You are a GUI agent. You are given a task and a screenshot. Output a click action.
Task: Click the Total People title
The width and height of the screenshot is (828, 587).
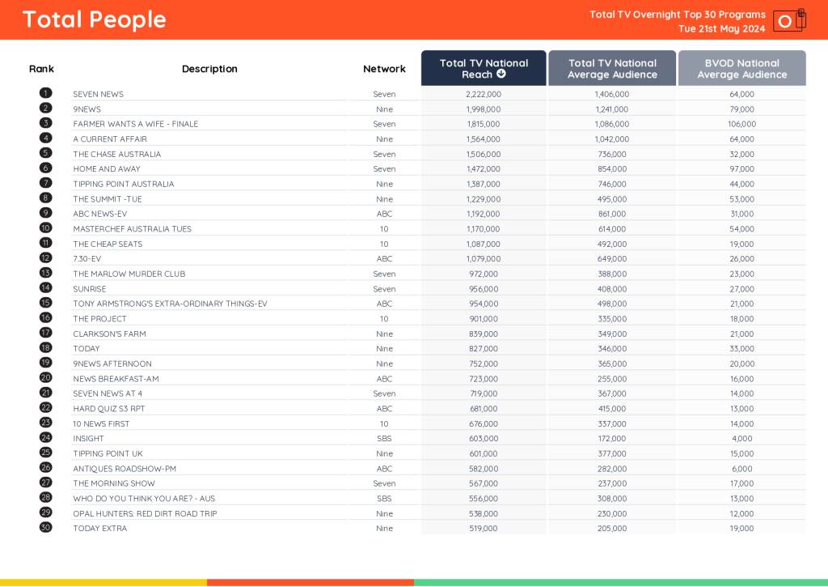(94, 19)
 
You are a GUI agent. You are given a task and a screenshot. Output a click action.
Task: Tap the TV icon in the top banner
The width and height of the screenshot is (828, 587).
(788, 20)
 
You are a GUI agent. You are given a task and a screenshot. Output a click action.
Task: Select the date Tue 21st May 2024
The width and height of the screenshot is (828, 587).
(721, 28)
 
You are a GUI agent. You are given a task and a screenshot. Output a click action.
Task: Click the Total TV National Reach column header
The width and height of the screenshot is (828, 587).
(484, 68)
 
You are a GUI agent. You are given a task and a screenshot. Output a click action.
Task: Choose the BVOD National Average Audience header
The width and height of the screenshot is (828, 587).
(741, 68)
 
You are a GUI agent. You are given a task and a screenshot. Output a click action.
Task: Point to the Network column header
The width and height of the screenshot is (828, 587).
(384, 69)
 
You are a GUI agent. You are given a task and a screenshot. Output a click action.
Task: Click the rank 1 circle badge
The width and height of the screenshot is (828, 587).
(46, 94)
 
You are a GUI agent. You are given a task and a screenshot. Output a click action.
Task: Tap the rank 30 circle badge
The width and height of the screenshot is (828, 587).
(46, 528)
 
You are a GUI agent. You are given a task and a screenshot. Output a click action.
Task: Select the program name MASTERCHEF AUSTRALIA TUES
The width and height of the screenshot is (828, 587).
(133, 229)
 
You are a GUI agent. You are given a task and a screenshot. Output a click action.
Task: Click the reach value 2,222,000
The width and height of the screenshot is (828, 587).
(484, 94)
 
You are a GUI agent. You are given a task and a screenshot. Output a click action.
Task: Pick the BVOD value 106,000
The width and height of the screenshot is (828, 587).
(741, 124)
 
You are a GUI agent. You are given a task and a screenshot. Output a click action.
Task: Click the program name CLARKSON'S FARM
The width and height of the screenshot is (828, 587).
(109, 334)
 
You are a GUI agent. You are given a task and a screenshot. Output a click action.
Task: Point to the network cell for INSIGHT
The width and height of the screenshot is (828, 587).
(384, 438)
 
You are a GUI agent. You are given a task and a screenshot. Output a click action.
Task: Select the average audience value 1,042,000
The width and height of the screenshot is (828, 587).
(611, 139)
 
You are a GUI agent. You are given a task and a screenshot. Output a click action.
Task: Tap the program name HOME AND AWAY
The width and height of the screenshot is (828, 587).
(107, 169)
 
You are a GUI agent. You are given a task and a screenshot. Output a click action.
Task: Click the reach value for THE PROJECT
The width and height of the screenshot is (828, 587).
(484, 319)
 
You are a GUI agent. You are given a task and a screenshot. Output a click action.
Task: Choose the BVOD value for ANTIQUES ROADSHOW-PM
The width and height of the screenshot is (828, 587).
(741, 469)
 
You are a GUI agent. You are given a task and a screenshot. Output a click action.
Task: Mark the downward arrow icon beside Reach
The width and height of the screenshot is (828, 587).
(501, 74)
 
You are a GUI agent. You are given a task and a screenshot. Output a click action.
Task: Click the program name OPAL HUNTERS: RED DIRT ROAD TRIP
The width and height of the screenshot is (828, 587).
(145, 513)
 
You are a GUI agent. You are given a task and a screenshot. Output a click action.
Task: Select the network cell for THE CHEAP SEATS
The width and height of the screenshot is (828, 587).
(384, 244)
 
